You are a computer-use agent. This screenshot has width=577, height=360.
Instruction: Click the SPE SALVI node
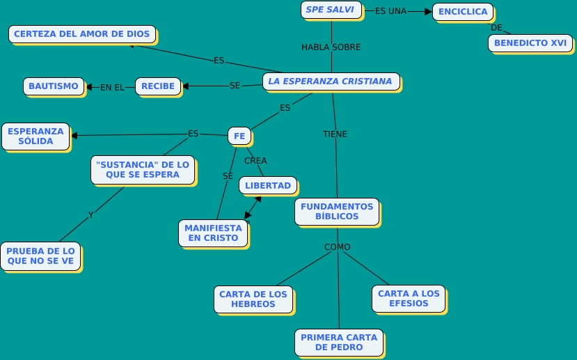[331, 10]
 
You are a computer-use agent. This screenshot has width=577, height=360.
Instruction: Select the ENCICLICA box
[462, 12]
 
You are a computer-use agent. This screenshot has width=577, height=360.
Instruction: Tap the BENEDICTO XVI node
[530, 42]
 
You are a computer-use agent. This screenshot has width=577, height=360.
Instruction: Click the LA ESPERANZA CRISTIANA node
[331, 81]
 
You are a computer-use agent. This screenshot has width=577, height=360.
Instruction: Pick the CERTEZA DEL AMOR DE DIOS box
[81, 34]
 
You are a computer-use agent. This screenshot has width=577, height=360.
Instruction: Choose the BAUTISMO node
[54, 86]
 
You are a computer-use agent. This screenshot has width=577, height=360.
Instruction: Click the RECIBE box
[157, 86]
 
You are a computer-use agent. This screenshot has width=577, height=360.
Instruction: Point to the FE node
[239, 136]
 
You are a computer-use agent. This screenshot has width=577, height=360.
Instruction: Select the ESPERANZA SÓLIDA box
[35, 136]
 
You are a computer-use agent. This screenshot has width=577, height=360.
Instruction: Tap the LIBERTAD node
[268, 185]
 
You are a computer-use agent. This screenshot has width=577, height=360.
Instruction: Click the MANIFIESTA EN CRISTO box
[213, 233]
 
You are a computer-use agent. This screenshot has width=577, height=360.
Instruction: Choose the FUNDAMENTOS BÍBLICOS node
[337, 211]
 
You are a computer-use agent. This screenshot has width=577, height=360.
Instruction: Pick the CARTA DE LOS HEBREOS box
[253, 299]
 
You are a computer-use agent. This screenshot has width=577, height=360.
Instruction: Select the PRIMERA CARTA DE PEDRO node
[338, 342]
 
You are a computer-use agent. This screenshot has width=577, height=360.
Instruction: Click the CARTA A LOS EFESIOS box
[409, 298]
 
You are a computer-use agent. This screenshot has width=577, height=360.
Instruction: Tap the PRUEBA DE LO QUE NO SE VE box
[40, 256]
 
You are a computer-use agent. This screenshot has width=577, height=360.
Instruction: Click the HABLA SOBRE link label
[331, 47]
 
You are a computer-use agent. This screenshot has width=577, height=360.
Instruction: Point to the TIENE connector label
[335, 134]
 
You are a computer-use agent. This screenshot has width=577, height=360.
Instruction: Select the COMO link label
[338, 247]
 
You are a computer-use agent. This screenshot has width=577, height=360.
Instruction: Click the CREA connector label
[255, 161]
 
